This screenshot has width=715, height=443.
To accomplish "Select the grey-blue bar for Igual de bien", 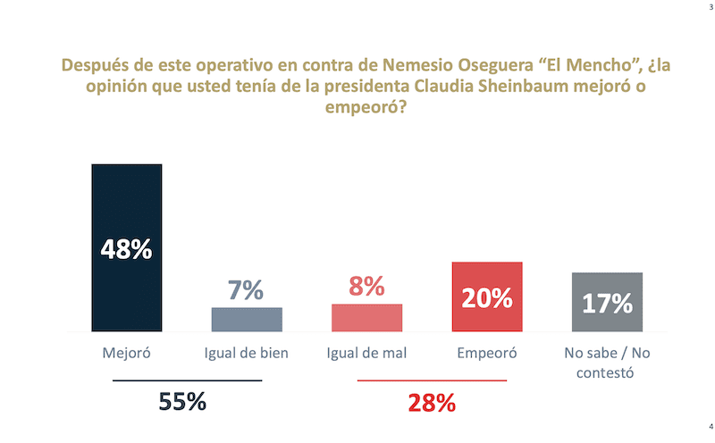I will [x=246, y=320].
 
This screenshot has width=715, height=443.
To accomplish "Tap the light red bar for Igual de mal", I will [x=366, y=318].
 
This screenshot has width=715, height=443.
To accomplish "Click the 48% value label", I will [x=126, y=248].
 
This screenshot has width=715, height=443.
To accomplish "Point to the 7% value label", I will [x=246, y=289].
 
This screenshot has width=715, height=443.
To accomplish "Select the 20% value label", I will [x=486, y=297].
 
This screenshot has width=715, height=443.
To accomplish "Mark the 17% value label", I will [x=607, y=303].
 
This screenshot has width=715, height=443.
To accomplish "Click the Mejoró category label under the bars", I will [x=126, y=353].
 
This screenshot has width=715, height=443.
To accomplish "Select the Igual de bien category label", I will [x=246, y=353].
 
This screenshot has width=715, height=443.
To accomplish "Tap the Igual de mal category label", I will [x=366, y=353].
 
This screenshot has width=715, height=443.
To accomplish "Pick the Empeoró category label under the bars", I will [x=486, y=353].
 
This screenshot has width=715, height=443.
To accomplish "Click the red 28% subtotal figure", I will [x=432, y=402].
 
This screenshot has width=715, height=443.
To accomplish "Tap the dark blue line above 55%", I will [x=187, y=380].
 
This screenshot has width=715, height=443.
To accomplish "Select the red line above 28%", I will [x=432, y=380].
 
